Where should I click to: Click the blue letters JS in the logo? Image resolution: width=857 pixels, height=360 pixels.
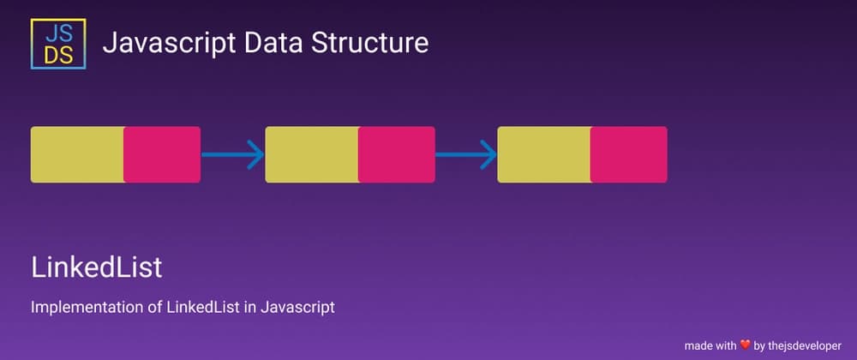(x=57, y=32)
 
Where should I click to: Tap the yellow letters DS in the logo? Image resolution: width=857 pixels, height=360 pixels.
(x=57, y=54)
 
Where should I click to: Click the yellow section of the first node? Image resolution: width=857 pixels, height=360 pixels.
(x=77, y=154)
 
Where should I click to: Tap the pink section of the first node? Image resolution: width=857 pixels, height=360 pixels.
(x=162, y=154)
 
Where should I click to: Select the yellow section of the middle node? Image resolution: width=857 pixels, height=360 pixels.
(x=311, y=154)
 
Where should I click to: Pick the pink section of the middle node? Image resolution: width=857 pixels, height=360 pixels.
(x=396, y=154)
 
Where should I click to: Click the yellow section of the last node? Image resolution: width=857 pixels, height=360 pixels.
(x=543, y=154)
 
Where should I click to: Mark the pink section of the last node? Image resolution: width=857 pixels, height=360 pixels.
(x=628, y=154)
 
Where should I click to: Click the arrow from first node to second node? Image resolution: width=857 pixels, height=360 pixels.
(x=232, y=154)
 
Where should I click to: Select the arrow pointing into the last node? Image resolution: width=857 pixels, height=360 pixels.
(x=465, y=154)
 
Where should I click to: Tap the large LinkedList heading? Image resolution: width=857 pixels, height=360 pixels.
(x=96, y=267)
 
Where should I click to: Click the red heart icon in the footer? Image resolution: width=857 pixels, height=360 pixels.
(x=744, y=345)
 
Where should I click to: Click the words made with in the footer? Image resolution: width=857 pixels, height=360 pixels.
(x=710, y=345)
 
